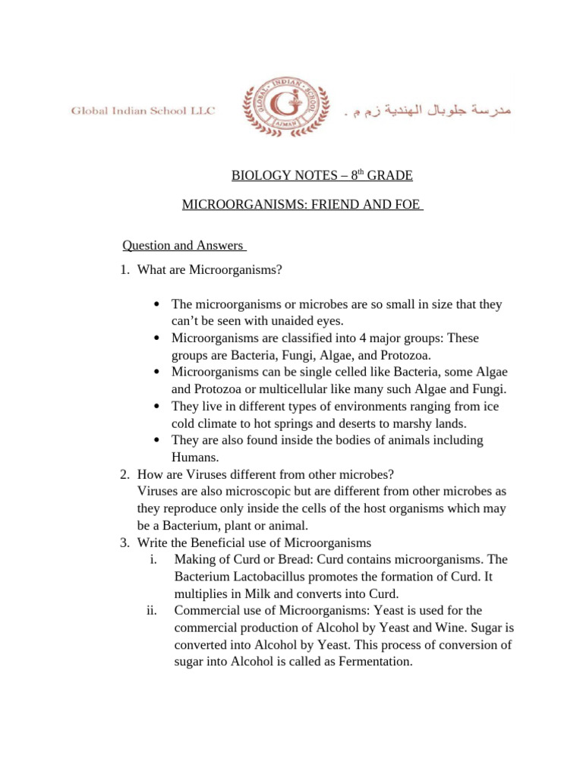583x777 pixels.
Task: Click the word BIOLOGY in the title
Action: pos(257,176)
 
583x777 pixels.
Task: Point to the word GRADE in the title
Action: pos(389,176)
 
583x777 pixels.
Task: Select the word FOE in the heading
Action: pos(408,206)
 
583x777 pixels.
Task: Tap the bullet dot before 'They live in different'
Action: pos(156,407)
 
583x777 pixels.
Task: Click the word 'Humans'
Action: pos(195,458)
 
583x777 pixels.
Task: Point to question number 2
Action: pos(124,474)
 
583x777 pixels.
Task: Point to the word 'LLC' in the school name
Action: pos(203,111)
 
